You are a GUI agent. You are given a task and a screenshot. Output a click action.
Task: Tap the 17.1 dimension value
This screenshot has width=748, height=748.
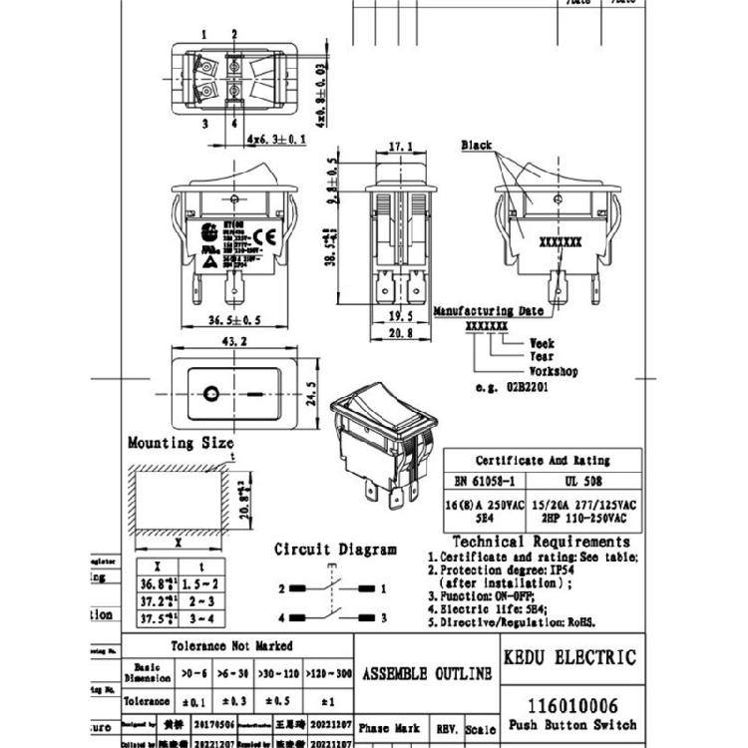(401, 147)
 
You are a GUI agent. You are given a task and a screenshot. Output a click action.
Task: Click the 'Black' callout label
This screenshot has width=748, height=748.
(477, 146)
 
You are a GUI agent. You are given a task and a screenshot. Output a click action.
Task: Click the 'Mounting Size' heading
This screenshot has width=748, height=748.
(181, 442)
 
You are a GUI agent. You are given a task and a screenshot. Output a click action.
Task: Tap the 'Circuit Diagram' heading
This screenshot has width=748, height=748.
(335, 549)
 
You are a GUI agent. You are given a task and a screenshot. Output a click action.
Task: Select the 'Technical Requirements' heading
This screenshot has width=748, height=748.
(528, 541)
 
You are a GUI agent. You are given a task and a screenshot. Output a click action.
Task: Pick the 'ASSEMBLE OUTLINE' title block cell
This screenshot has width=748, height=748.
(426, 674)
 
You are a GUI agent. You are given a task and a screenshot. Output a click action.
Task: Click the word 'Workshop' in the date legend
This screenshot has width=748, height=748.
(554, 371)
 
